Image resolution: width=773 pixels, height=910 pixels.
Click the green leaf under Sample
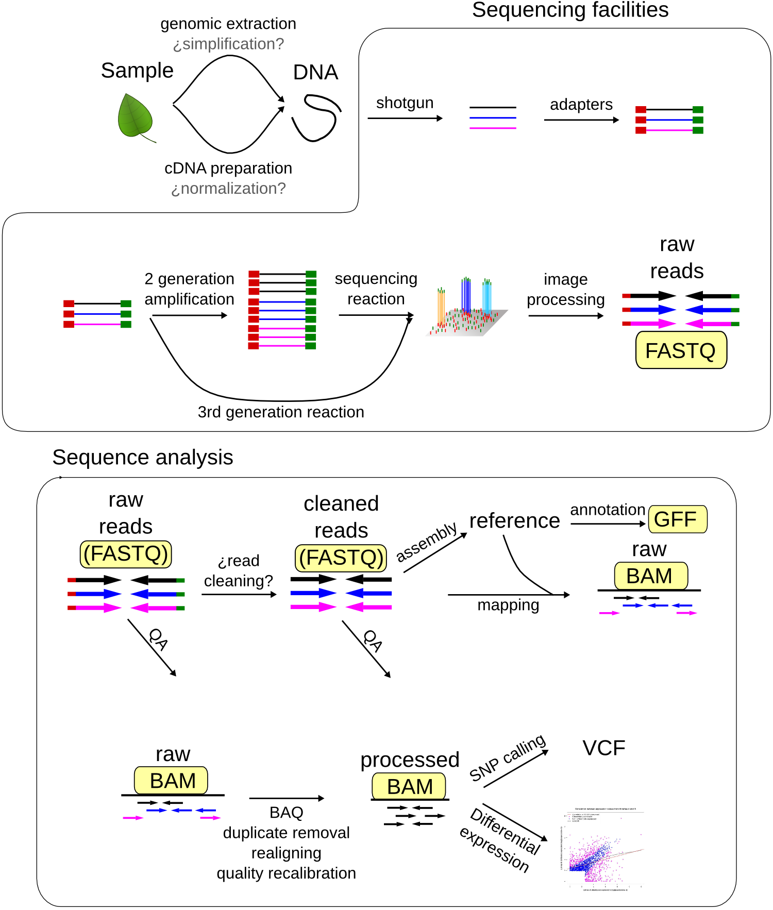coord(135,116)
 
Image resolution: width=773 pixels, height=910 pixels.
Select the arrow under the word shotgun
coord(405,119)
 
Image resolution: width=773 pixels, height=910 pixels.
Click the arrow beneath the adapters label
coord(581,120)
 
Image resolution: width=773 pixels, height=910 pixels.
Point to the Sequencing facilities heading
coord(570,10)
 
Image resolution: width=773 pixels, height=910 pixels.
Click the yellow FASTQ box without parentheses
coord(681,350)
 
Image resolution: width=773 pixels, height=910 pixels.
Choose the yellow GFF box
coord(677,519)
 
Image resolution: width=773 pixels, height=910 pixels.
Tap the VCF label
coord(603,748)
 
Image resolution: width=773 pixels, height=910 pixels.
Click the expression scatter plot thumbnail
coord(602,849)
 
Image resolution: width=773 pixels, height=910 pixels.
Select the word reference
coord(514,520)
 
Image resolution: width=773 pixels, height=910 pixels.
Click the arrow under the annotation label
coord(608,524)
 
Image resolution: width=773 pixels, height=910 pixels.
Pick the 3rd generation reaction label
coord(281,412)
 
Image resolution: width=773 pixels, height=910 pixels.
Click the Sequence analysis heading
coord(143,458)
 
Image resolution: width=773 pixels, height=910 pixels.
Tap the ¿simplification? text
coord(228,44)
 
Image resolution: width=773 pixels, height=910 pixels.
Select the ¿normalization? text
coord(228,189)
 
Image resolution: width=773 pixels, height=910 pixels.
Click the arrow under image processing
coord(565,316)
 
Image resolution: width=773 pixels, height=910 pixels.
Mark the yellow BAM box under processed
coord(409,787)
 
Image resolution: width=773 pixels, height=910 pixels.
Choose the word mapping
coord(508,605)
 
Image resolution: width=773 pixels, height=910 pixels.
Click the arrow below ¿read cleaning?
coord(239,595)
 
